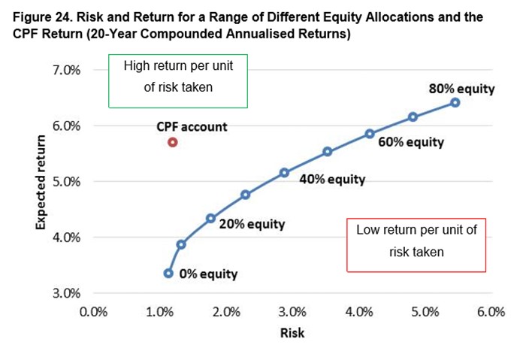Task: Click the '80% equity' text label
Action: (461, 89)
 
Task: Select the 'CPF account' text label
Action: (192, 127)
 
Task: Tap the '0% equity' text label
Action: (208, 274)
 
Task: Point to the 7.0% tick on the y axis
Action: (66, 71)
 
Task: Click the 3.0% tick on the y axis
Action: (66, 293)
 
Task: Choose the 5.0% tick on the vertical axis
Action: (66, 182)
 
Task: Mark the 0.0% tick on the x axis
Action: (93, 312)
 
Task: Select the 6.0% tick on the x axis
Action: (491, 312)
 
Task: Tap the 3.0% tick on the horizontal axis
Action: (292, 312)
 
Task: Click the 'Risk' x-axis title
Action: (292, 333)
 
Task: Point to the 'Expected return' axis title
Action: (41, 182)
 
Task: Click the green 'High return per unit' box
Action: (178, 55)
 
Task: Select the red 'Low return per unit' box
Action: (416, 219)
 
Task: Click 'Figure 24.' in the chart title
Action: (41, 17)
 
